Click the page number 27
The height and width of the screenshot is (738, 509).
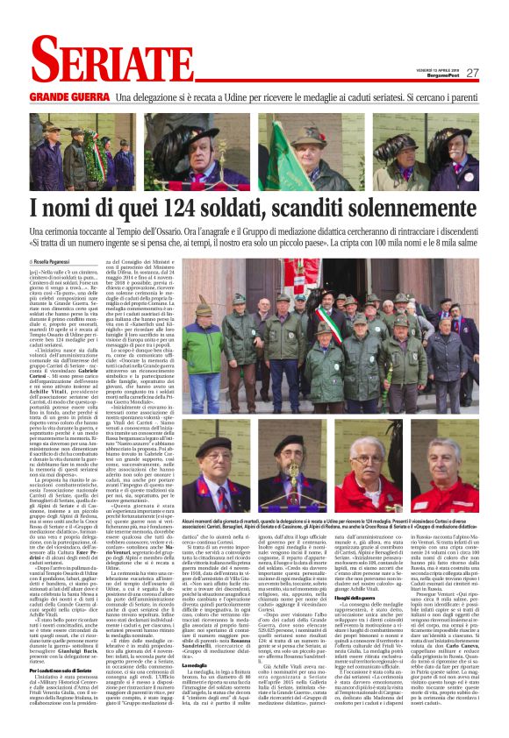click(472, 74)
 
